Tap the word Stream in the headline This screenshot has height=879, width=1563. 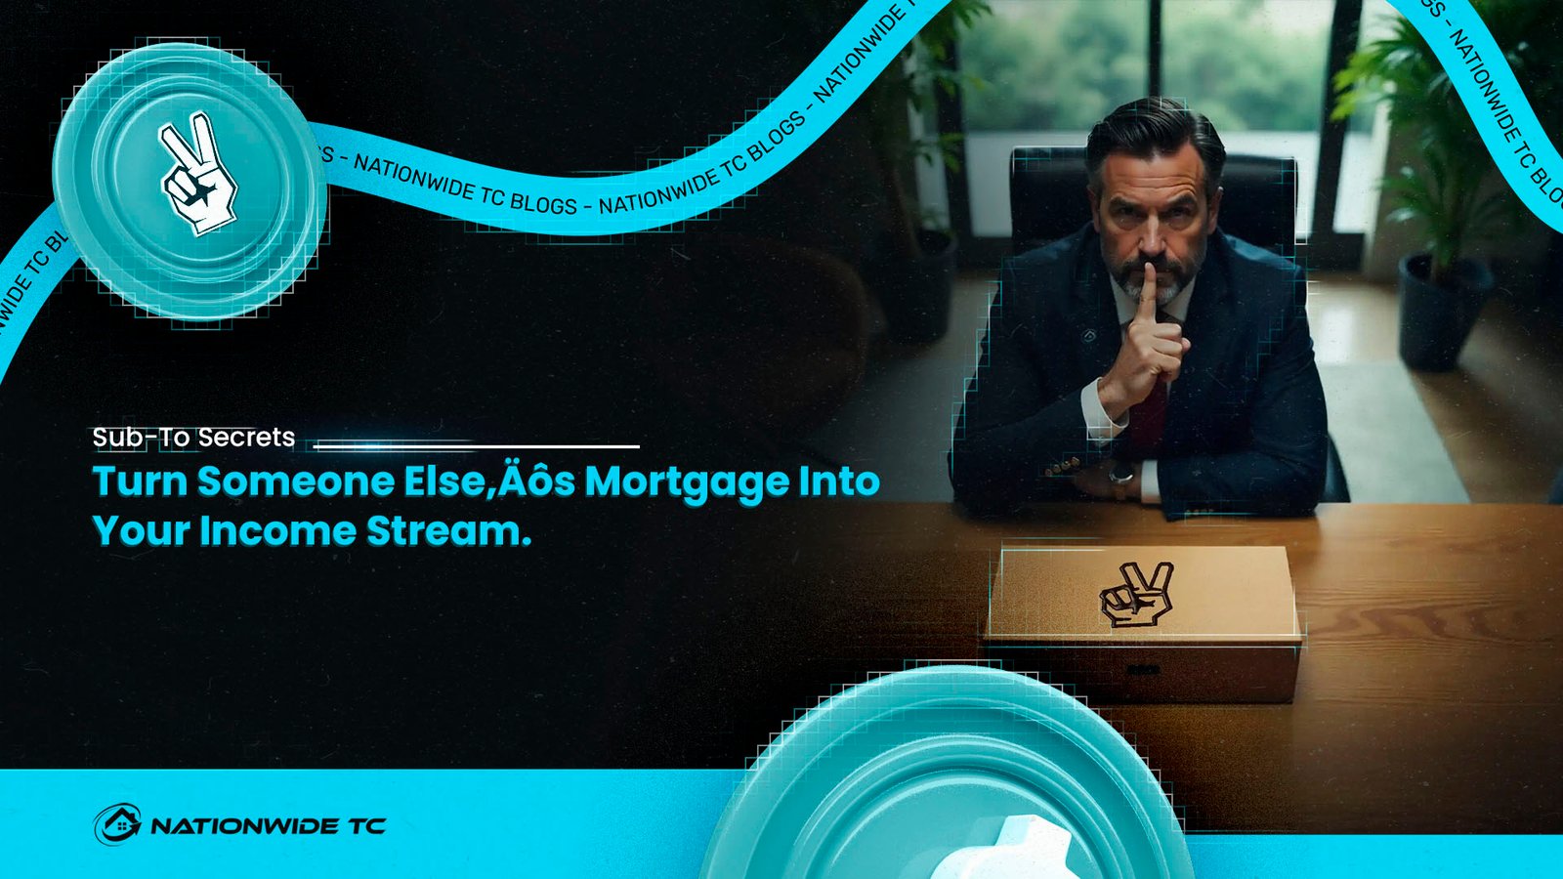(x=448, y=530)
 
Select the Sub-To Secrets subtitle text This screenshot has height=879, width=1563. (x=194, y=438)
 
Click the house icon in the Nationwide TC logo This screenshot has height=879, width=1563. (x=118, y=824)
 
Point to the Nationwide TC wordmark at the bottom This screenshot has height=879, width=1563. (x=269, y=826)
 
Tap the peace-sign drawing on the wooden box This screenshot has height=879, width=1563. (x=1135, y=595)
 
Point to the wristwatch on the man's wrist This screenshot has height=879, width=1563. (x=1121, y=475)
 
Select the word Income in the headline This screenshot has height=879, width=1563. (x=278, y=530)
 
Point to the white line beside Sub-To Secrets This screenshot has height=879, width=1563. (x=477, y=445)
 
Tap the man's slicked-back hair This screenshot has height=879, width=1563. (x=1155, y=135)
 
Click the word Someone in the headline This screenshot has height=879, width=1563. (x=296, y=481)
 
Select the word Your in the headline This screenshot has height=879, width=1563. (x=142, y=531)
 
